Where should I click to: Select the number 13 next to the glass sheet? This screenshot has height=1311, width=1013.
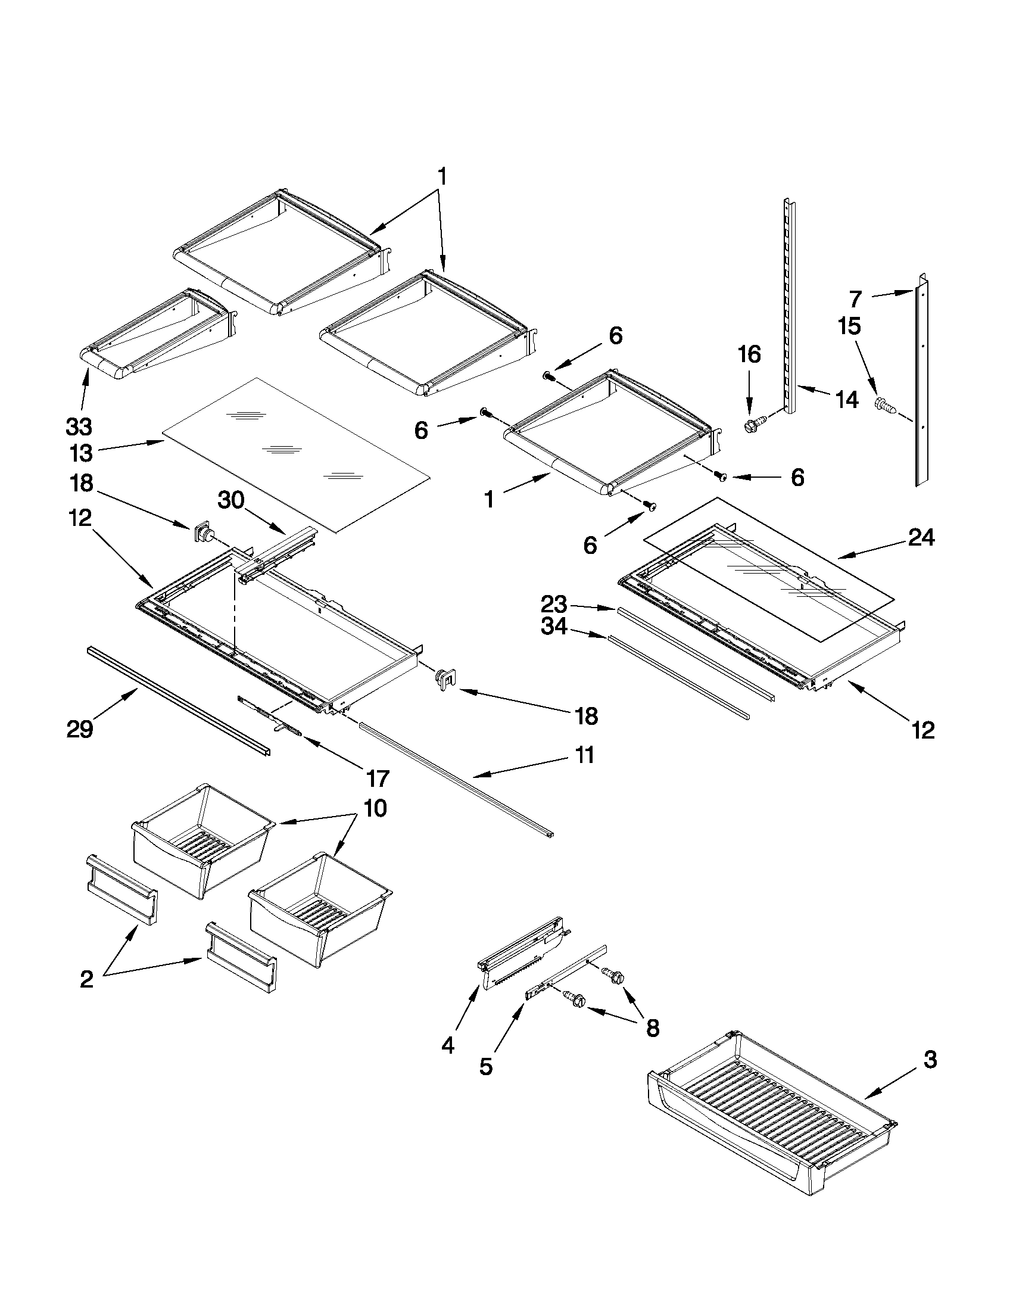[81, 454]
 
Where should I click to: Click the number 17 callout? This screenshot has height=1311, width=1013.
[378, 778]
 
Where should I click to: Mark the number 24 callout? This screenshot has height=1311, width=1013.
[921, 538]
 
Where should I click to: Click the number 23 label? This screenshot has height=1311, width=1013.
[554, 603]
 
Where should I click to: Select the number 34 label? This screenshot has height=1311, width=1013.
[554, 627]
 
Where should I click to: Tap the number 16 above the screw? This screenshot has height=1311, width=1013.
[749, 355]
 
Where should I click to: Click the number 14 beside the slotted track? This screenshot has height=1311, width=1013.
[847, 399]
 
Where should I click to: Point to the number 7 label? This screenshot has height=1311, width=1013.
[855, 298]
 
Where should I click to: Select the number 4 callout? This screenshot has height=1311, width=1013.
[448, 1046]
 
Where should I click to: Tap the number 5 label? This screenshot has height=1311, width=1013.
[486, 1067]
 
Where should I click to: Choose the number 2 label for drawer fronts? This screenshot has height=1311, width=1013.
[87, 980]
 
